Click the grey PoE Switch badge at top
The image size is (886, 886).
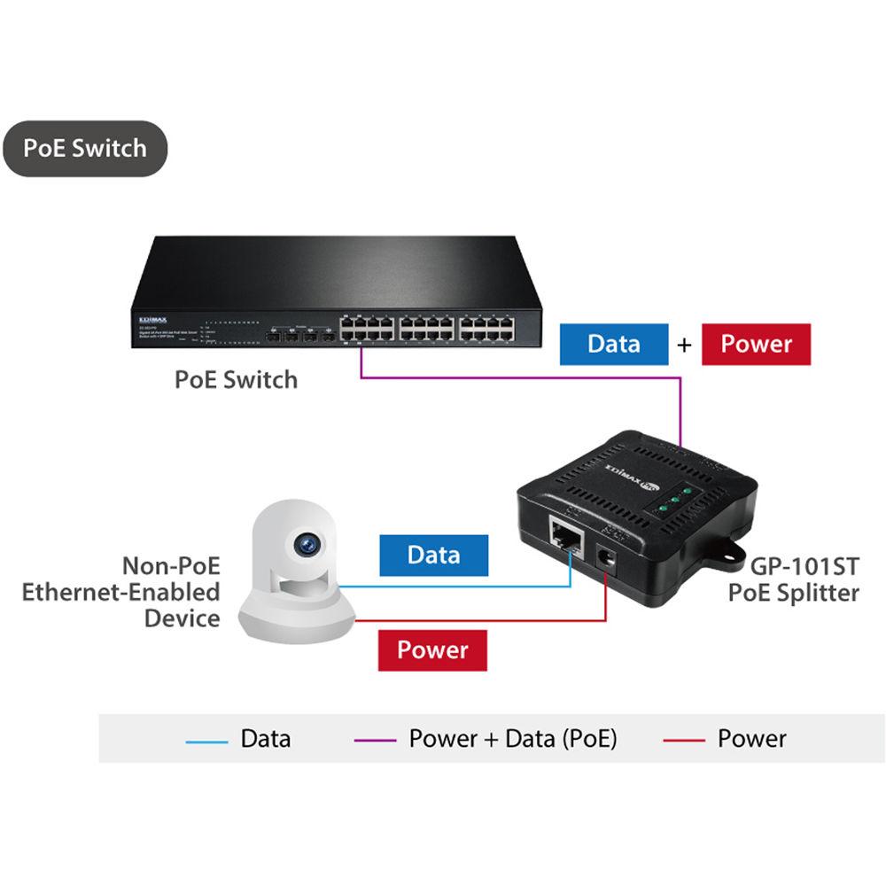(84, 148)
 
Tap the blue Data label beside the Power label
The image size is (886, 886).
(613, 344)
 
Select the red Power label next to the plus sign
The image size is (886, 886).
(756, 344)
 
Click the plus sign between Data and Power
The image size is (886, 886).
(684, 345)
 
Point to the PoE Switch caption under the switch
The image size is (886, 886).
(236, 380)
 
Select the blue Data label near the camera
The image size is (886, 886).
(433, 556)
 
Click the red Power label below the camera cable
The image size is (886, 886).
(431, 649)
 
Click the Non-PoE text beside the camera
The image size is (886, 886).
(171, 566)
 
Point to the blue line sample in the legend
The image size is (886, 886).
(206, 739)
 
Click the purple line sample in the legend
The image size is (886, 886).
(375, 739)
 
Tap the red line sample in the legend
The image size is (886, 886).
(684, 739)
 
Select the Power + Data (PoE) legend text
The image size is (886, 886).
(512, 738)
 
